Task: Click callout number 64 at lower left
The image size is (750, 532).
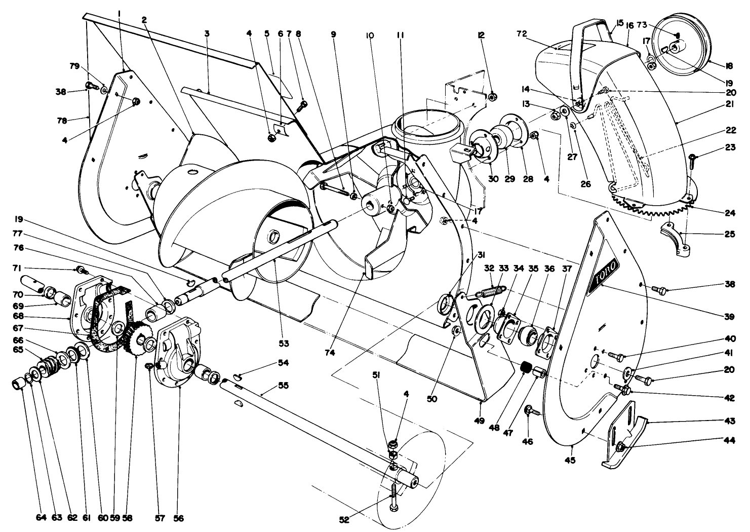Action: coord(41,518)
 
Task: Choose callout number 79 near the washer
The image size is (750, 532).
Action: coord(74,66)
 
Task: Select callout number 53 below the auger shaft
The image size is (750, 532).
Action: coord(284,343)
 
